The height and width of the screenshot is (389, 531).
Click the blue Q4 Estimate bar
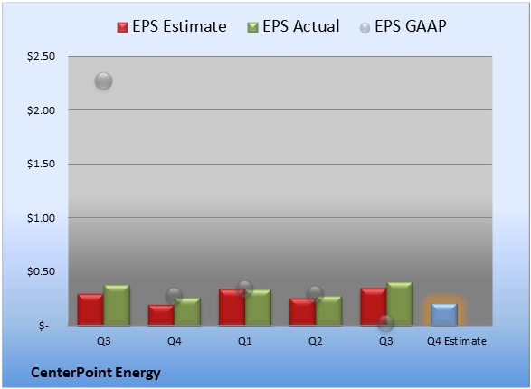point(443,315)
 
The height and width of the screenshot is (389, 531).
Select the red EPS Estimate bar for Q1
point(232,307)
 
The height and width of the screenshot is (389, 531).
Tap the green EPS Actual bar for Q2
point(329,311)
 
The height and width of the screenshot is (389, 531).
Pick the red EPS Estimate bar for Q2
point(302,312)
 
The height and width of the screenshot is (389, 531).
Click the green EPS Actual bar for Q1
point(258,308)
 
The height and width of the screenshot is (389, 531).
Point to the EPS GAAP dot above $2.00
point(104,81)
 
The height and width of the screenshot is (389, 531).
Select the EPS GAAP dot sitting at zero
point(385,324)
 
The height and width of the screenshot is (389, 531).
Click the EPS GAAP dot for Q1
point(244,289)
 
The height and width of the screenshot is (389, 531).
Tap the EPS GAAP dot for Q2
point(316,294)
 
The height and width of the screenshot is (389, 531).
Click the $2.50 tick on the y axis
point(41,56)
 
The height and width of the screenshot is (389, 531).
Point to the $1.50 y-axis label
point(41,164)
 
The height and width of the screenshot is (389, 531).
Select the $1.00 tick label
point(41,218)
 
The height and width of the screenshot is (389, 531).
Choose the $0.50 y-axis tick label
point(41,271)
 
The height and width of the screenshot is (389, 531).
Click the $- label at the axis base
point(43,326)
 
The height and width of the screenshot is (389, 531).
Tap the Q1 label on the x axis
point(244,341)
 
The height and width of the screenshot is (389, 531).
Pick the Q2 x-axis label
point(316,341)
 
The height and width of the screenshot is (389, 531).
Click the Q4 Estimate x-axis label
point(457,341)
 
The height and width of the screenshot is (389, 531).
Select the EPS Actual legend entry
point(293,26)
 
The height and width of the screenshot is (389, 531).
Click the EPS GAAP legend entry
point(403,26)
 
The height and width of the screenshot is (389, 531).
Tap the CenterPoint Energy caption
point(96,373)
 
